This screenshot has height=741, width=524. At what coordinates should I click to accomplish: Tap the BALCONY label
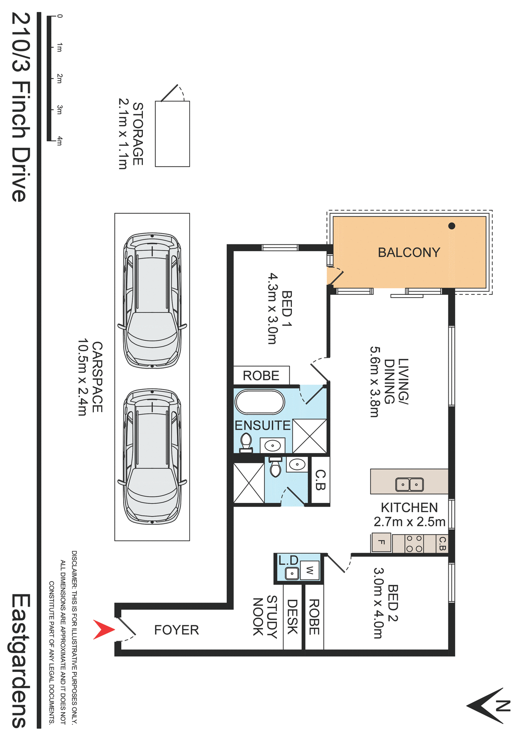click(x=409, y=252)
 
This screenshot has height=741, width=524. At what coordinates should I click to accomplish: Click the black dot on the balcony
click(x=451, y=226)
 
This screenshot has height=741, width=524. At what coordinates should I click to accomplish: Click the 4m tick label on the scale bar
click(x=59, y=141)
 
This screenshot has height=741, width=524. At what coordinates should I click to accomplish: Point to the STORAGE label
click(x=138, y=134)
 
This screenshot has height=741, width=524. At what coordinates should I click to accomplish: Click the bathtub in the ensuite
click(x=259, y=402)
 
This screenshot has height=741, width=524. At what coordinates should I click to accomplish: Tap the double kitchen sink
click(x=409, y=484)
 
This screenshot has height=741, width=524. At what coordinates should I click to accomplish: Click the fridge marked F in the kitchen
click(x=381, y=542)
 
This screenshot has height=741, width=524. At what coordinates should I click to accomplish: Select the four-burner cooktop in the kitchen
click(x=414, y=543)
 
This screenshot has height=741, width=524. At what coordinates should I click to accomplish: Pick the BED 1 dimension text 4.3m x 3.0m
click(x=273, y=308)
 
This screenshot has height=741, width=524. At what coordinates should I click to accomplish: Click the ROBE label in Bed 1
click(x=261, y=376)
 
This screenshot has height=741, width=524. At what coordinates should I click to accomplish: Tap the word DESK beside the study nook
click(x=292, y=616)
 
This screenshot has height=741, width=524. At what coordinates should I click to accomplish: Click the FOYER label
click(x=176, y=630)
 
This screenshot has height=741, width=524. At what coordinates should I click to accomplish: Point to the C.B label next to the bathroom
click(x=321, y=480)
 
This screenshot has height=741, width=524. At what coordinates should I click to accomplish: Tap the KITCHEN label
click(x=409, y=508)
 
